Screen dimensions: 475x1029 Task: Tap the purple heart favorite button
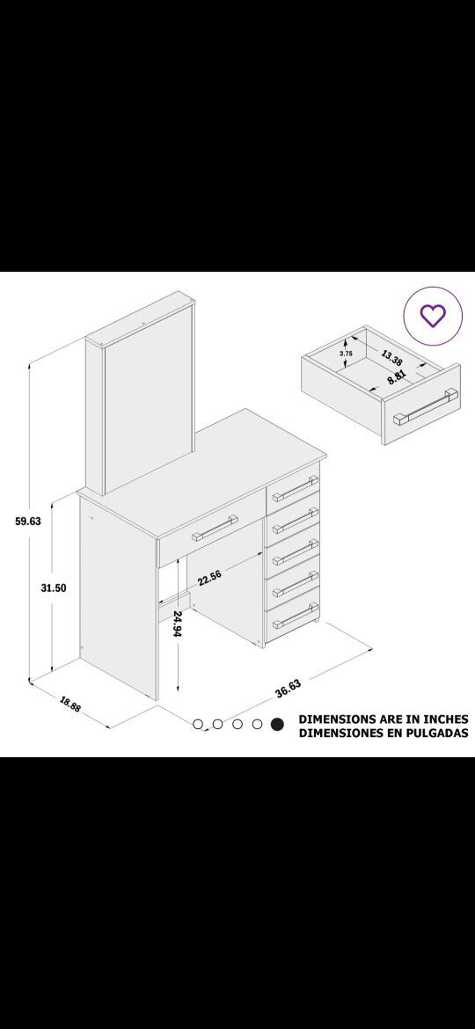(x=433, y=315)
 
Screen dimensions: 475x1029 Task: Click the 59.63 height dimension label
(x=28, y=522)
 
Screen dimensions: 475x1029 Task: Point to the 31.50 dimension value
(x=53, y=588)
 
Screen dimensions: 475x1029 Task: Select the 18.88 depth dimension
(x=70, y=704)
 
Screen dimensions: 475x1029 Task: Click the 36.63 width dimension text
(x=288, y=689)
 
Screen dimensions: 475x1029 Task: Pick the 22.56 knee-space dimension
(x=208, y=578)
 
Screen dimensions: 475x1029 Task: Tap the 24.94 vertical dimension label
(x=178, y=624)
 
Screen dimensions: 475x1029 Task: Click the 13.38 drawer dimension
(x=391, y=358)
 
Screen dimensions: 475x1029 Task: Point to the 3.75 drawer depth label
(x=346, y=353)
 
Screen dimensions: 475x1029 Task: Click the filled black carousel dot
(x=277, y=724)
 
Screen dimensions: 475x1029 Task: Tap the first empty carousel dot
(x=198, y=724)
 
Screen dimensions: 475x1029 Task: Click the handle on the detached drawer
(x=424, y=407)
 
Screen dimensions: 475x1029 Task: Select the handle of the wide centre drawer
(x=215, y=529)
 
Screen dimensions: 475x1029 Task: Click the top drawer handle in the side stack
(x=296, y=489)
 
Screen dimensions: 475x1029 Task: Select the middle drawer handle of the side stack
(x=296, y=552)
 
